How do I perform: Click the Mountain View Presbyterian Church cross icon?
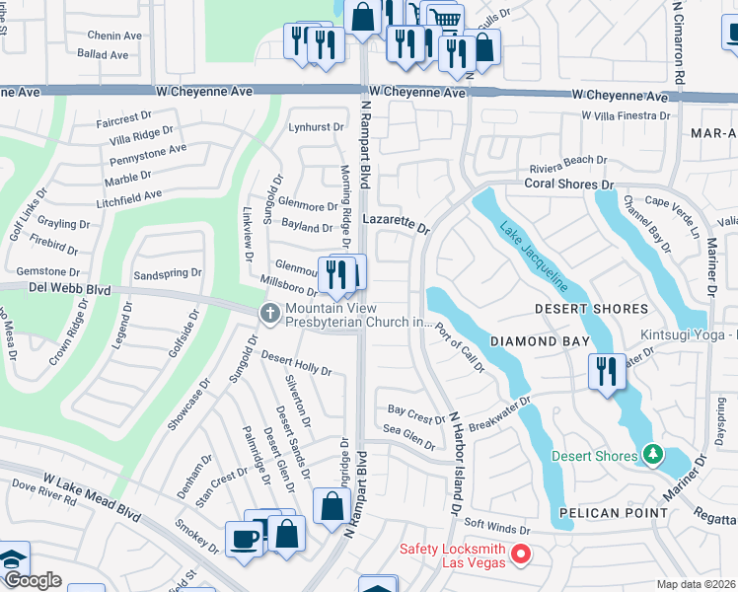pyautogui.click(x=268, y=313)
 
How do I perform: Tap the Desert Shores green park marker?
pyautogui.click(x=651, y=454)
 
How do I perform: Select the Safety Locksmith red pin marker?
pyautogui.click(x=523, y=555)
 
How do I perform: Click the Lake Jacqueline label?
pyautogui.click(x=533, y=257)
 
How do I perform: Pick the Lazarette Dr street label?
pyautogui.click(x=396, y=224)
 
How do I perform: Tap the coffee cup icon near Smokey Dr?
pyautogui.click(x=244, y=539)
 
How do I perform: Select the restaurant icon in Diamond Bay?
pyautogui.click(x=606, y=371)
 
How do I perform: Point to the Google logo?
pyautogui.click(x=33, y=580)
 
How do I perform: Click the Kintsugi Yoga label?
pyautogui.click(x=688, y=335)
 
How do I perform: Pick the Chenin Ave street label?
pyautogui.click(x=114, y=36)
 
